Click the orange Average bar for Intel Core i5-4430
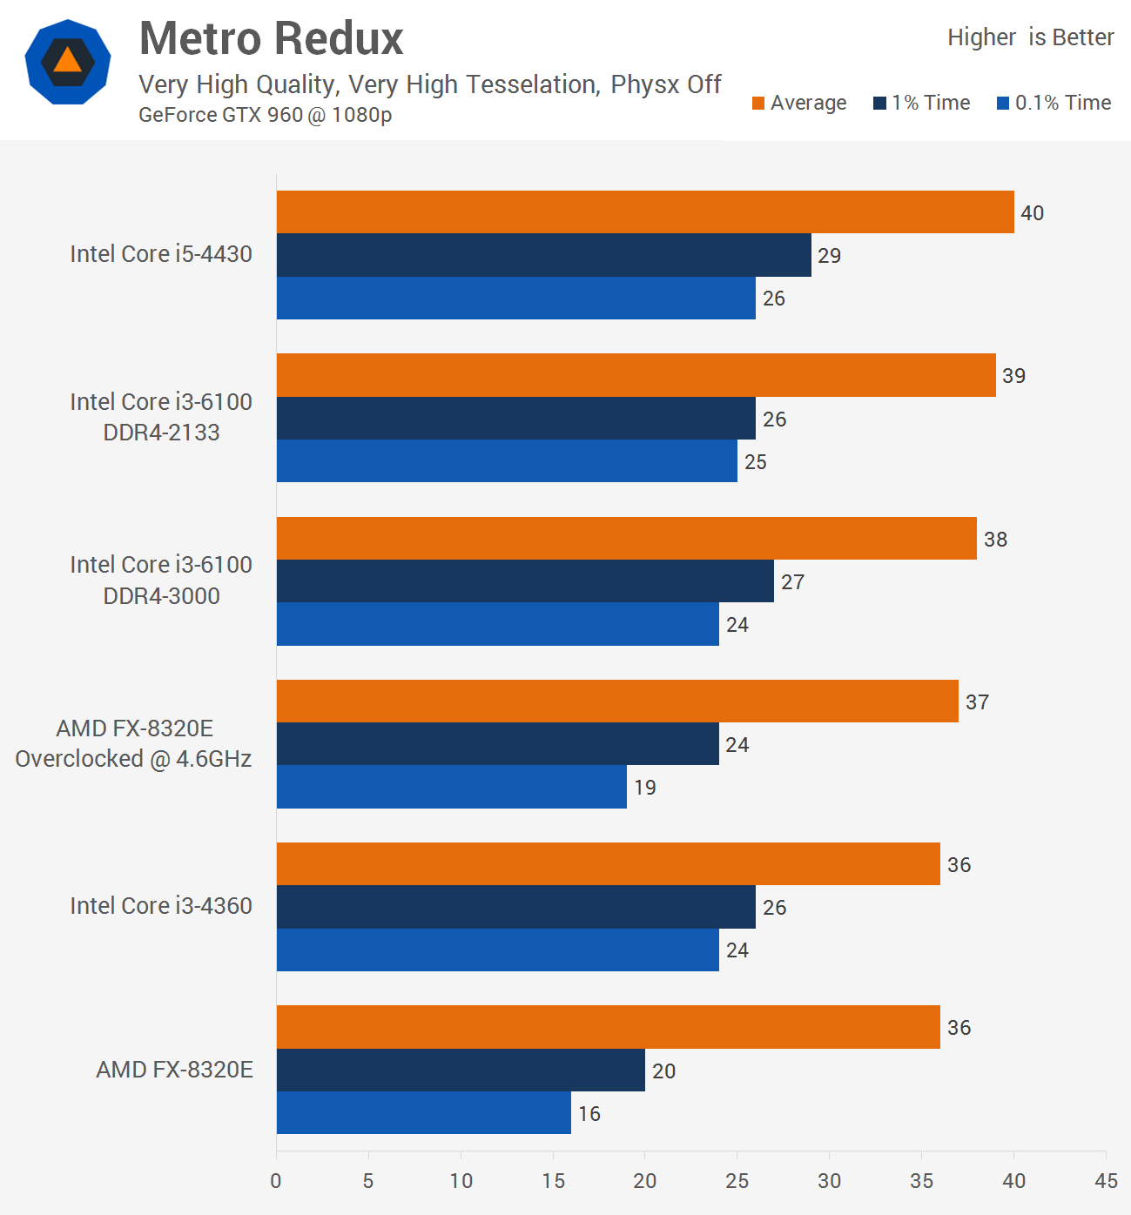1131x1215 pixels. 645,211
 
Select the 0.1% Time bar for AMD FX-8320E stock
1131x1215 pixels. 424,1113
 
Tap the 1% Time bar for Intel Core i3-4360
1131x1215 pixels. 516,907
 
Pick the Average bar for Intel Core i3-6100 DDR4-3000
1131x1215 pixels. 627,538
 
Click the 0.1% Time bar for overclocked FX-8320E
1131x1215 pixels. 452,787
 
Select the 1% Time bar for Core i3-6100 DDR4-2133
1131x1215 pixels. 516,419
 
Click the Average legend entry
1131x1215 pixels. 799,103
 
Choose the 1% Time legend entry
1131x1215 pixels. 922,103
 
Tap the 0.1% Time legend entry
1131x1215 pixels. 1054,103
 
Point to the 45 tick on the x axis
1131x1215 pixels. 1106,1181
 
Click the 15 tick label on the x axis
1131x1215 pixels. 553,1181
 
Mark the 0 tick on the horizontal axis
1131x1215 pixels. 276,1181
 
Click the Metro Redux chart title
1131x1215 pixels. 271,39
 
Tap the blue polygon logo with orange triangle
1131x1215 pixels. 68,62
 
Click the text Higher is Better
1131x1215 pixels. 1030,37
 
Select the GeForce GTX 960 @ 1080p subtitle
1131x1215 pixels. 265,115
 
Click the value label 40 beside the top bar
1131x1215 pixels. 1032,213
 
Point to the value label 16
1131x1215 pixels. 589,1114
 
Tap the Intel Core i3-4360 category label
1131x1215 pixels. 161,906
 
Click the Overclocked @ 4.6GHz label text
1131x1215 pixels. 133,759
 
